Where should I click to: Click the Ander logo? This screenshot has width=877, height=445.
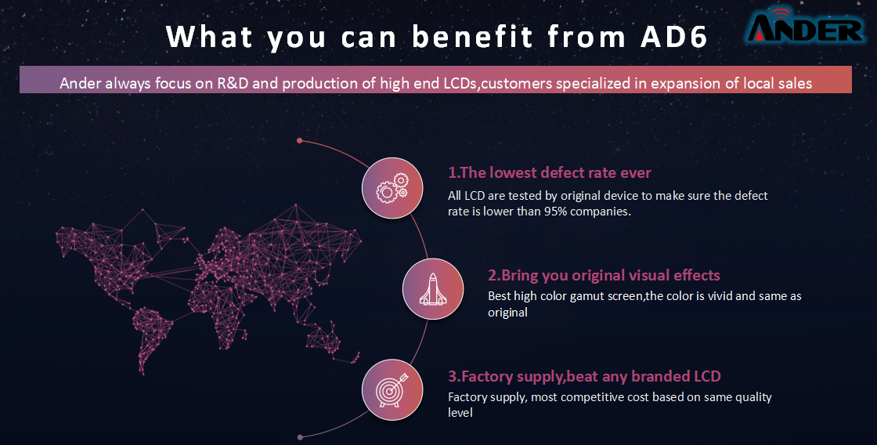806,25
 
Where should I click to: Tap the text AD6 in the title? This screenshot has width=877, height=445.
674,37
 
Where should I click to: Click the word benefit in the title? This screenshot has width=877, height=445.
473,37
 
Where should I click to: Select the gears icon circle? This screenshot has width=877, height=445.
392,188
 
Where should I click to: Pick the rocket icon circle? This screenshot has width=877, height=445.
433,289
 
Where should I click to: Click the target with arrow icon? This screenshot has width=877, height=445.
392,389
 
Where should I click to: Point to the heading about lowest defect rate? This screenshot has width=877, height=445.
549,172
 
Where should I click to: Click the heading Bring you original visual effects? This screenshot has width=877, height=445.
604,276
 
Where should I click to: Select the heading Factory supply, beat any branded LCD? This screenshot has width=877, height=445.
584,376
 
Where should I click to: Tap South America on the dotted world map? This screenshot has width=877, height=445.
152,337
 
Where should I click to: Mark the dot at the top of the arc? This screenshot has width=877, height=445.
300,140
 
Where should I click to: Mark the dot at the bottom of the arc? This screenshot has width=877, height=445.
301,437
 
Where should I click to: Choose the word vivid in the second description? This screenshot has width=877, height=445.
720,295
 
